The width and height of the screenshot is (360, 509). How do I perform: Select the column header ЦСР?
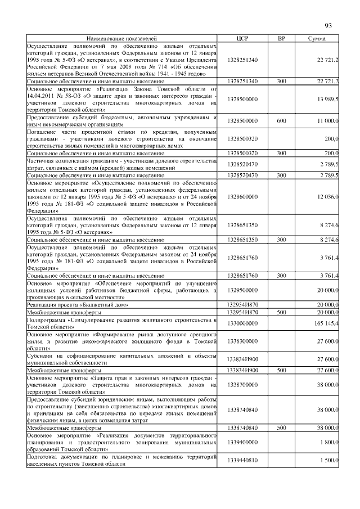pyautogui.click(x=243, y=38)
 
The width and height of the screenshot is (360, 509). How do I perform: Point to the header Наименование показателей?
pyautogui.click(x=122, y=38)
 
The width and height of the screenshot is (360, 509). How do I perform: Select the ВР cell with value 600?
pyautogui.click(x=281, y=120)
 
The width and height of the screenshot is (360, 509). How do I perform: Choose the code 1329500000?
pyautogui.click(x=243, y=290)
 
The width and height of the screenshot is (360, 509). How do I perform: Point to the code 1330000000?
pyautogui.click(x=243, y=323)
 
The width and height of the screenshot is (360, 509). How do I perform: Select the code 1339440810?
pyautogui.click(x=243, y=460)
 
